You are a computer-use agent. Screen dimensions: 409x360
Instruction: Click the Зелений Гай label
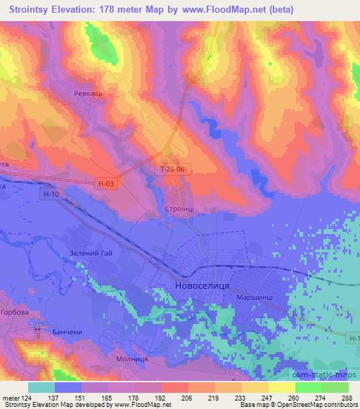coord(91,253)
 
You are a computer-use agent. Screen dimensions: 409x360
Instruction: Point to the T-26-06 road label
coord(172,169)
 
